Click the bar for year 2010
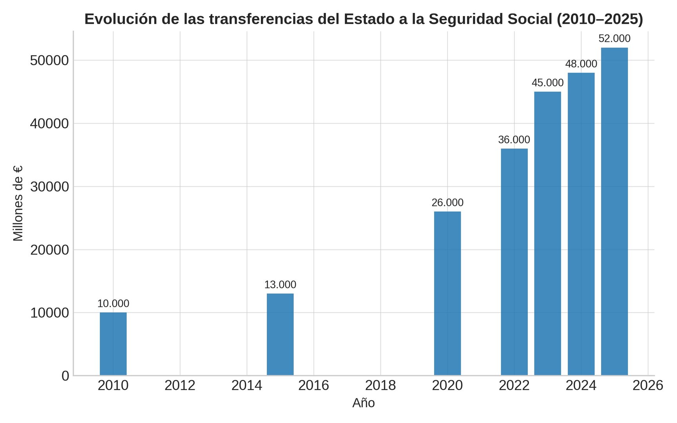[113, 344]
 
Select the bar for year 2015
[280, 334]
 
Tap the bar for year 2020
[447, 293]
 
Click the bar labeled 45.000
[547, 233]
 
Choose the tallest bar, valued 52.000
[614, 211]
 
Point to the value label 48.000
[581, 64]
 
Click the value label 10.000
[113, 304]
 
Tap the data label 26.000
[447, 202]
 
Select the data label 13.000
[280, 284]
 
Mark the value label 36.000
[514, 139]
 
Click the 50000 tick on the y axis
[49, 60]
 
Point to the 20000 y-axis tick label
[49, 250]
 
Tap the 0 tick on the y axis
[65, 376]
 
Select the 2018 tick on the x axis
[380, 386]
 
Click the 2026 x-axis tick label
[648, 386]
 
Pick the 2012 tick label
[180, 386]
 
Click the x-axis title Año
[364, 403]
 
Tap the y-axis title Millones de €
[18, 203]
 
